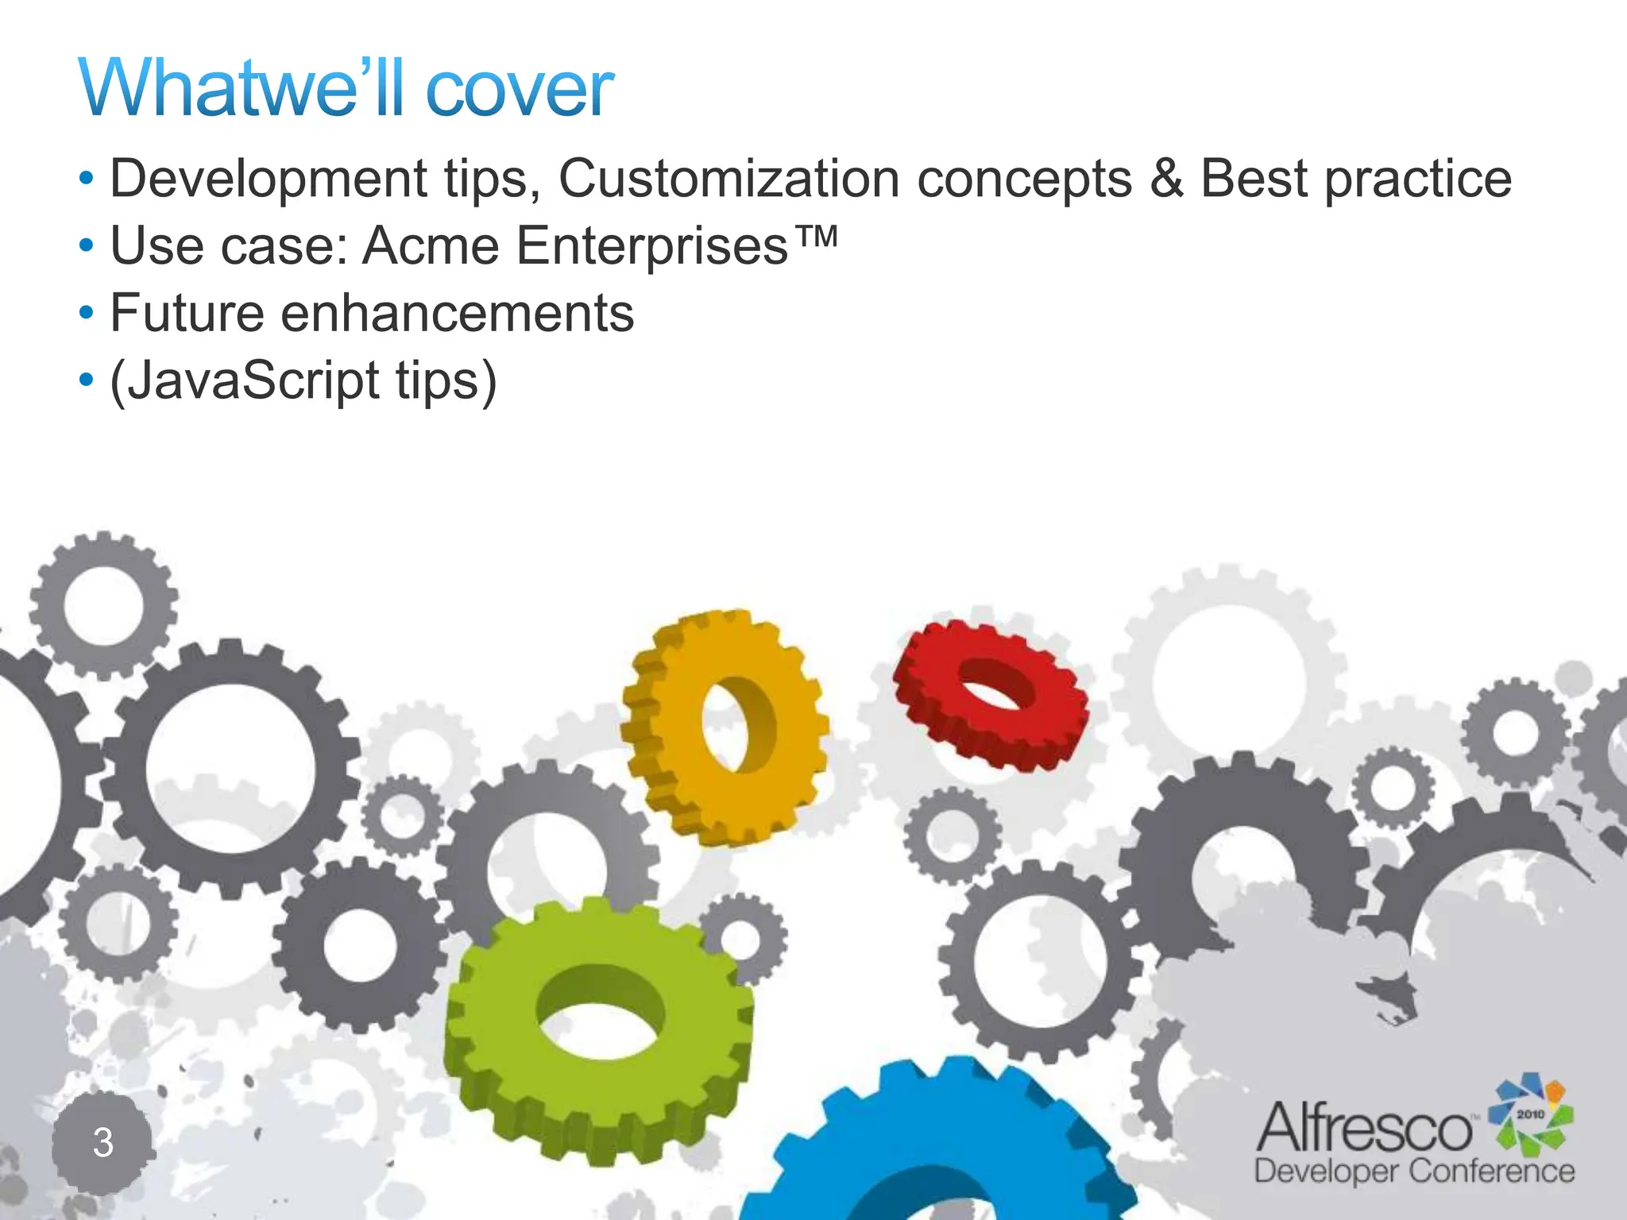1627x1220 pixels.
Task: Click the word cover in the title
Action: (x=520, y=89)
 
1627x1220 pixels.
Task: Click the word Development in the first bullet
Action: (x=269, y=178)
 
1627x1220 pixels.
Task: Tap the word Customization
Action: (x=728, y=178)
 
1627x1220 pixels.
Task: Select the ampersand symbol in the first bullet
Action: (x=1166, y=178)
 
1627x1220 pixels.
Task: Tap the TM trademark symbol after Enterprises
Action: (x=814, y=236)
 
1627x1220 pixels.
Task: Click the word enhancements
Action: (x=458, y=313)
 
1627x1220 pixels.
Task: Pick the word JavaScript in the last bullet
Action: (x=245, y=381)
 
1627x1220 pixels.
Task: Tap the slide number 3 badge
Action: (x=102, y=1142)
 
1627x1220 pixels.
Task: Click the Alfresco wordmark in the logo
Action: (x=1364, y=1129)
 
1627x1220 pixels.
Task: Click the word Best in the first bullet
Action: (x=1254, y=178)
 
